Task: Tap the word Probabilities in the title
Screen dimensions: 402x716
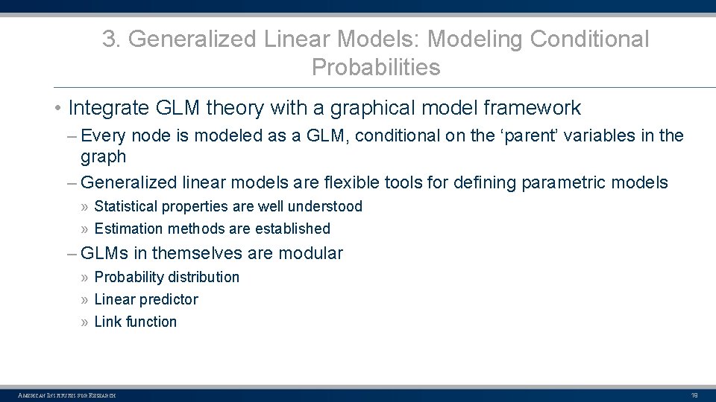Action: (x=376, y=68)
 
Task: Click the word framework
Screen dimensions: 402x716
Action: (x=531, y=108)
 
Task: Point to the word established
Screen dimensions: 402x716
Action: (x=291, y=229)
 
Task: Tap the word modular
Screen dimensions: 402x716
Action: (x=310, y=253)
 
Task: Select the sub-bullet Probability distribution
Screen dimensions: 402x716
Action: (x=166, y=277)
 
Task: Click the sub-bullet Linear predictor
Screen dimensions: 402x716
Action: (x=146, y=299)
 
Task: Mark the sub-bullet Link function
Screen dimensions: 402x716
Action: (x=135, y=322)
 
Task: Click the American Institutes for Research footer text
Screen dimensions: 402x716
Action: (x=67, y=395)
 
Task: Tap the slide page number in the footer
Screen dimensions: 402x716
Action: (x=694, y=395)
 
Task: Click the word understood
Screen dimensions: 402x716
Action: (x=327, y=207)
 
